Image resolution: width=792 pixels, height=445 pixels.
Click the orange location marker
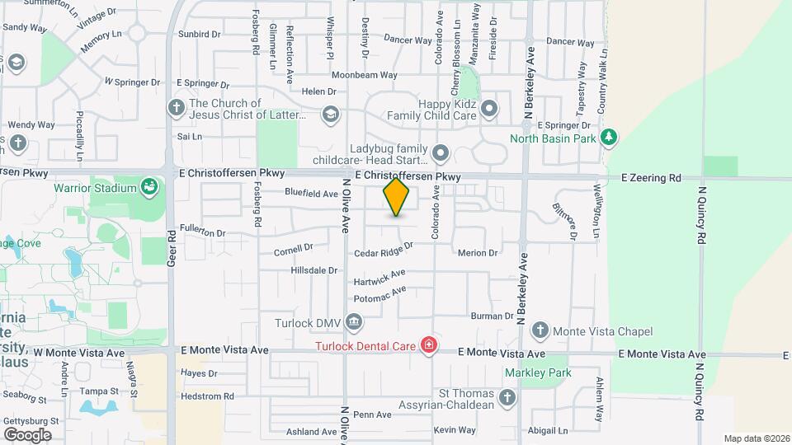(397, 197)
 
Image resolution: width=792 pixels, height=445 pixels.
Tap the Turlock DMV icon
(353, 320)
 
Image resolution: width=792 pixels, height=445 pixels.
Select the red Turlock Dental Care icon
(428, 345)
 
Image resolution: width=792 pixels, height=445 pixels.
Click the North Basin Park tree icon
(609, 138)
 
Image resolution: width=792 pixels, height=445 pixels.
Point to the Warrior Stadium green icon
(148, 188)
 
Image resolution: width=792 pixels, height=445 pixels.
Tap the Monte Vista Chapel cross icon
(540, 330)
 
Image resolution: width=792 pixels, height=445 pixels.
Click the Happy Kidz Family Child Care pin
(489, 108)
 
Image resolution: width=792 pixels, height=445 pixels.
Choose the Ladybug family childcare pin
(441, 152)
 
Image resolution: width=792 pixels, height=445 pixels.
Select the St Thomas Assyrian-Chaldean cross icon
(507, 398)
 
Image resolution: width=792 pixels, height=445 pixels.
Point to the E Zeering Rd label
(651, 177)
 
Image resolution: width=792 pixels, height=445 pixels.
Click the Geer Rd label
(172, 245)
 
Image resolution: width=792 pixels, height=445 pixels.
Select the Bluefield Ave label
(312, 194)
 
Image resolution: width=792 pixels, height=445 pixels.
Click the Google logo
(27, 434)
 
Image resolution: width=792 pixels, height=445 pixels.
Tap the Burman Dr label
(493, 316)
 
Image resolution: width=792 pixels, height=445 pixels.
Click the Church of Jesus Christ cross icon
(175, 108)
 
